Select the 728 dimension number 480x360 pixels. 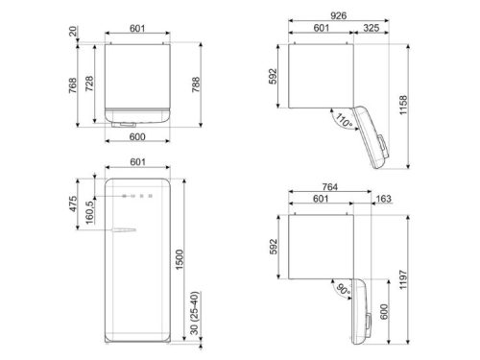pyautogui.click(x=88, y=84)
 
